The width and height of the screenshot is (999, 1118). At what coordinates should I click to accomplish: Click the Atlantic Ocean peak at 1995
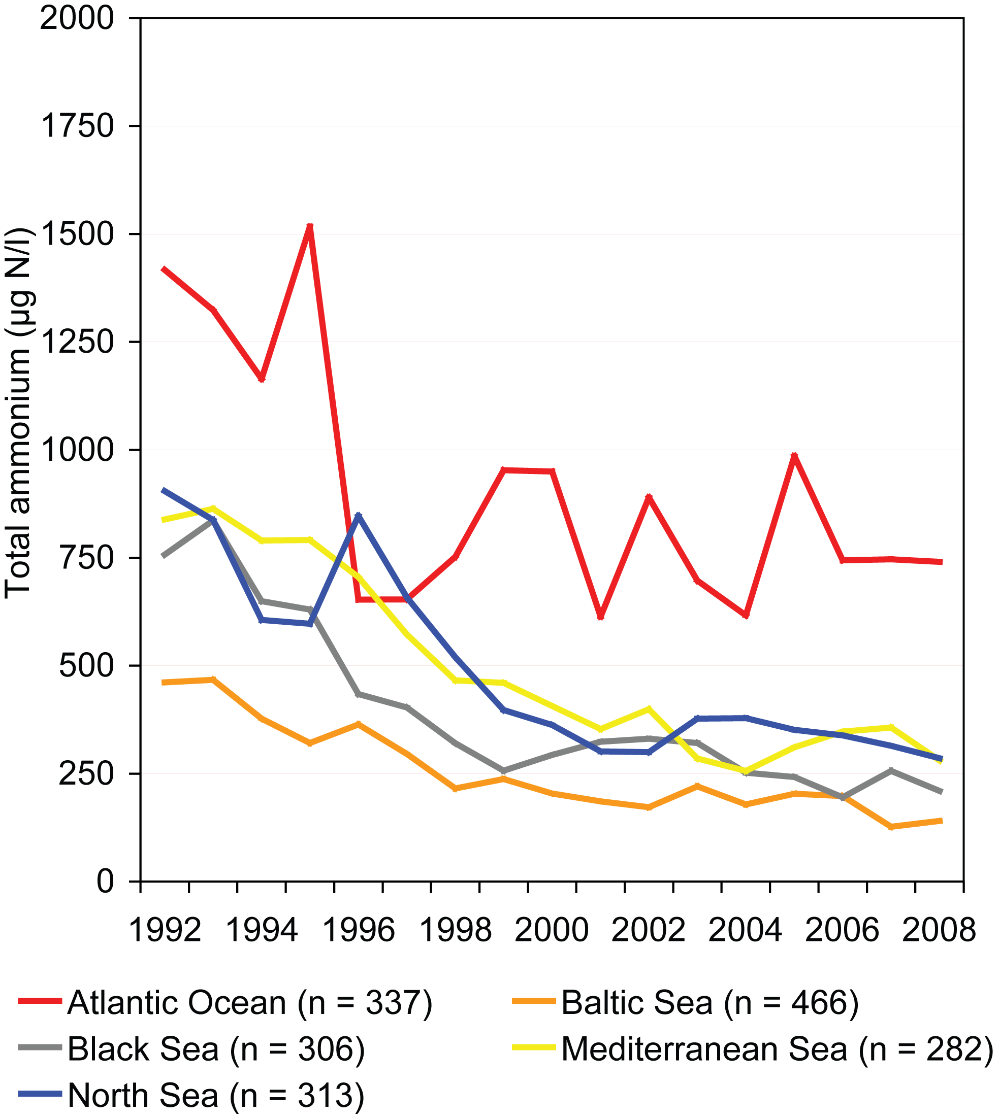[310, 226]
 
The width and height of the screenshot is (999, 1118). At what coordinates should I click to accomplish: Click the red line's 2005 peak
[794, 455]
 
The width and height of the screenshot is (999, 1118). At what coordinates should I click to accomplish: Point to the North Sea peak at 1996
[359, 515]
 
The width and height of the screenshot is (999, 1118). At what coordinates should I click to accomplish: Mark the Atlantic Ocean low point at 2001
[600, 618]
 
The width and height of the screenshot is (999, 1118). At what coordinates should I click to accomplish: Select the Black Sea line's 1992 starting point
[163, 556]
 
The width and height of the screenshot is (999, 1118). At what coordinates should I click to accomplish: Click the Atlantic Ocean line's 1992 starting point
[163, 269]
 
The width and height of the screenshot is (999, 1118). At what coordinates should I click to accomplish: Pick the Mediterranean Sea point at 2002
[649, 709]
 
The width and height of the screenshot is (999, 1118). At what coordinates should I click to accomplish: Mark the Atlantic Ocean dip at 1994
[262, 380]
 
